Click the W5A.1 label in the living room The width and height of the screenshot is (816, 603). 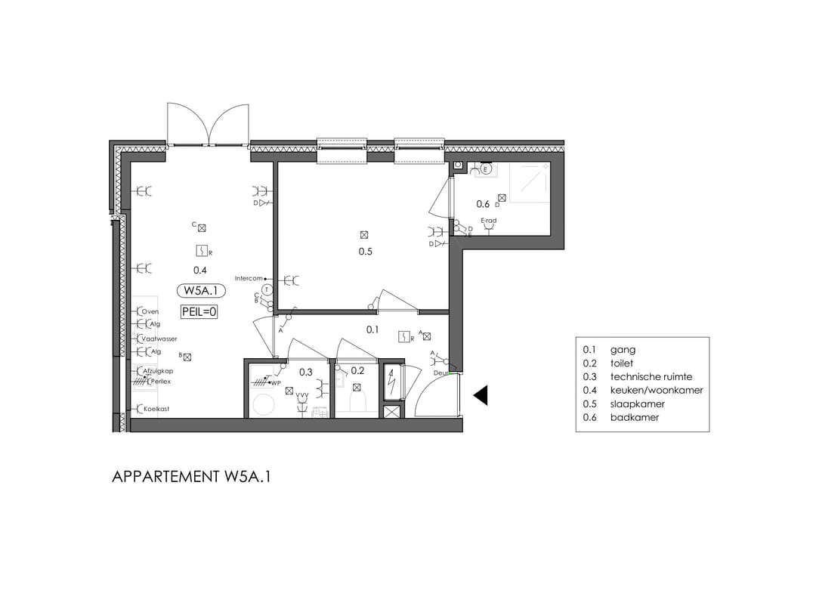200,290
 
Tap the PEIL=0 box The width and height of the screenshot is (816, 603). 199,311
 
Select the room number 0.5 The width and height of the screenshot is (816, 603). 365,252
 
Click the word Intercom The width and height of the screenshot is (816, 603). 248,278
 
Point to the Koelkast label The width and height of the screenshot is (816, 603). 156,409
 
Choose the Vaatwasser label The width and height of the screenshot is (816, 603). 159,339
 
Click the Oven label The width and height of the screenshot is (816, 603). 150,311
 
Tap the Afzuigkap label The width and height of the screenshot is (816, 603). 159,371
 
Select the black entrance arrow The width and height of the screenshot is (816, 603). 481,394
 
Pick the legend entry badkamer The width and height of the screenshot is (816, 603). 635,417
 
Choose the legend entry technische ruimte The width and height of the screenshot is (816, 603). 651,376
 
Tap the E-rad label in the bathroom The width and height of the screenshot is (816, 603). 489,221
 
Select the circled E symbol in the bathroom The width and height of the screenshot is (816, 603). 487,169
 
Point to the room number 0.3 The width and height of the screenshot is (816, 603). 306,372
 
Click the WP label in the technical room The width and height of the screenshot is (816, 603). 277,383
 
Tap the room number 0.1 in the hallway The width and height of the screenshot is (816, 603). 372,329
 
